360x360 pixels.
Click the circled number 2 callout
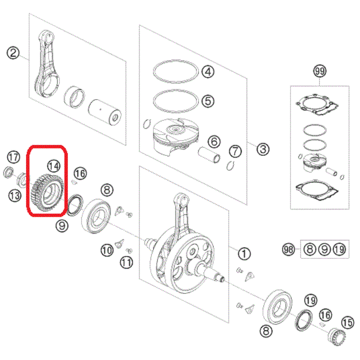13,53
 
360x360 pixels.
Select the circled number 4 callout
208,72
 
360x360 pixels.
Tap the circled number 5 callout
208,101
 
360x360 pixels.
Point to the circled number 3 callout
263,149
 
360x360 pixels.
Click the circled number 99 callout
320,71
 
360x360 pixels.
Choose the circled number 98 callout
288,250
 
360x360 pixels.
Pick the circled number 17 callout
13,157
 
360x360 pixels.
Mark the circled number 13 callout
15,196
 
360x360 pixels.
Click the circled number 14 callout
54,166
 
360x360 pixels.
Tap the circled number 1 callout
244,253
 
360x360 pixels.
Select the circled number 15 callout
348,323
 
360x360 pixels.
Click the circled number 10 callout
107,250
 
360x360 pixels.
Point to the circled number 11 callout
127,262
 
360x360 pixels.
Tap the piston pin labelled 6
209,155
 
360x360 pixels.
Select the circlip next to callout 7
230,165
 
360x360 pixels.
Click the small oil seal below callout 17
8,173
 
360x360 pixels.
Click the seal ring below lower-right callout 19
303,320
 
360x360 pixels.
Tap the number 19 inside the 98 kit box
339,250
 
